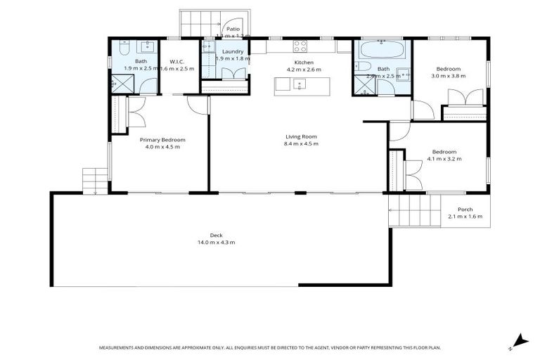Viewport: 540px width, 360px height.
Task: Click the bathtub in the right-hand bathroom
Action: coord(381,51)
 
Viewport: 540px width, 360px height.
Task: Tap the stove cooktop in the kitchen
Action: coord(300,47)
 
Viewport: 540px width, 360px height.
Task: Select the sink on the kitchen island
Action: coord(300,84)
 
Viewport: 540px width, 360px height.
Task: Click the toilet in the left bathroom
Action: coord(122,50)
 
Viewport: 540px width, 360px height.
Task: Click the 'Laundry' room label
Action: coord(232,52)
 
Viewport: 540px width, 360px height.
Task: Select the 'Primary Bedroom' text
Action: coord(162,139)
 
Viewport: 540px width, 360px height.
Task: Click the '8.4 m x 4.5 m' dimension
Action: coord(302,144)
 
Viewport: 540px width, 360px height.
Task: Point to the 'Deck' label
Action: coord(216,235)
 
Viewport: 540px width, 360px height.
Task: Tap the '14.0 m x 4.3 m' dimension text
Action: coord(216,243)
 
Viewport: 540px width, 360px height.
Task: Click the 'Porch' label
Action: coord(465,209)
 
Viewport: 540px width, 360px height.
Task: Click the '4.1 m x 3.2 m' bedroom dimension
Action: coord(444,159)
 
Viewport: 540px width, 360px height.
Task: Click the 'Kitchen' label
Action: coord(304,62)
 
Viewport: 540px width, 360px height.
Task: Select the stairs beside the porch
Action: coord(414,210)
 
